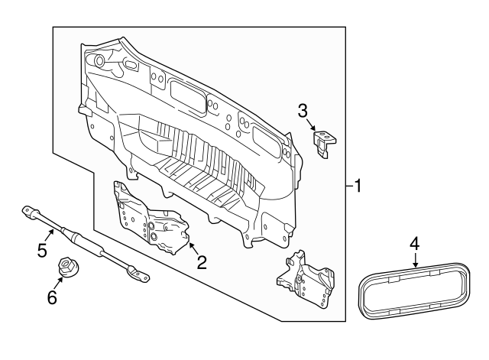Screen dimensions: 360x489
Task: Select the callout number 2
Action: point(201,262)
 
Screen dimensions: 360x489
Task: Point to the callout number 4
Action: point(414,243)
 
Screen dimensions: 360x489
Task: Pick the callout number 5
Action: point(42,250)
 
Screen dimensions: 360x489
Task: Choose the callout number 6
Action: point(52,298)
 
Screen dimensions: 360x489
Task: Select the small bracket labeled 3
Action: point(325,143)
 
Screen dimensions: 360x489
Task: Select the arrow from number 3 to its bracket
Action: point(311,125)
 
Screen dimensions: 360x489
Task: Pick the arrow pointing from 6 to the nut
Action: point(58,284)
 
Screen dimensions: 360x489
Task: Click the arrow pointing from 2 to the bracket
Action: point(193,250)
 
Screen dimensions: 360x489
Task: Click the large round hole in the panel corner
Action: point(99,60)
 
